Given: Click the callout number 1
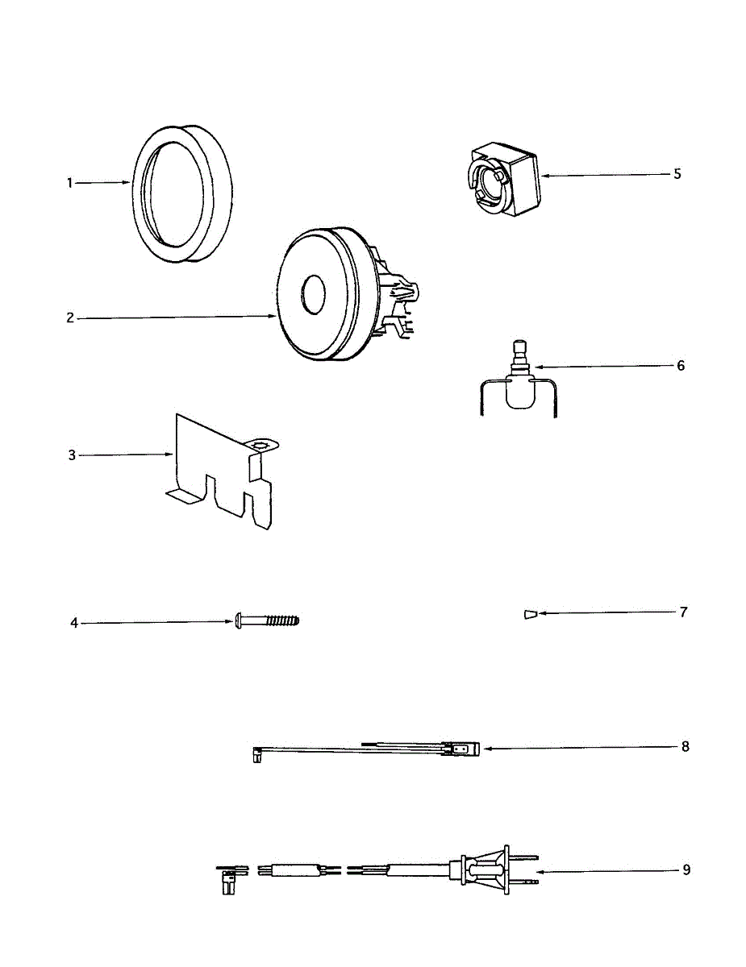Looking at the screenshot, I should pos(70,183).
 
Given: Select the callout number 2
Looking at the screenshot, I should pos(70,317).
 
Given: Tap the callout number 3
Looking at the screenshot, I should pos(72,455).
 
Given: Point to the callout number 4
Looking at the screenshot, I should pos(74,623).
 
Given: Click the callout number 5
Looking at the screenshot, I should pos(677,173).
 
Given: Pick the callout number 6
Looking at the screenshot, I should pos(681,365).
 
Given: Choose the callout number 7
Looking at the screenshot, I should pos(682,612).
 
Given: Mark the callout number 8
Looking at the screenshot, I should pos(685,746).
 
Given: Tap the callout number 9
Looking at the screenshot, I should pos(686,870).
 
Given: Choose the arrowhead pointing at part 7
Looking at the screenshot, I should pos(543,613).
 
